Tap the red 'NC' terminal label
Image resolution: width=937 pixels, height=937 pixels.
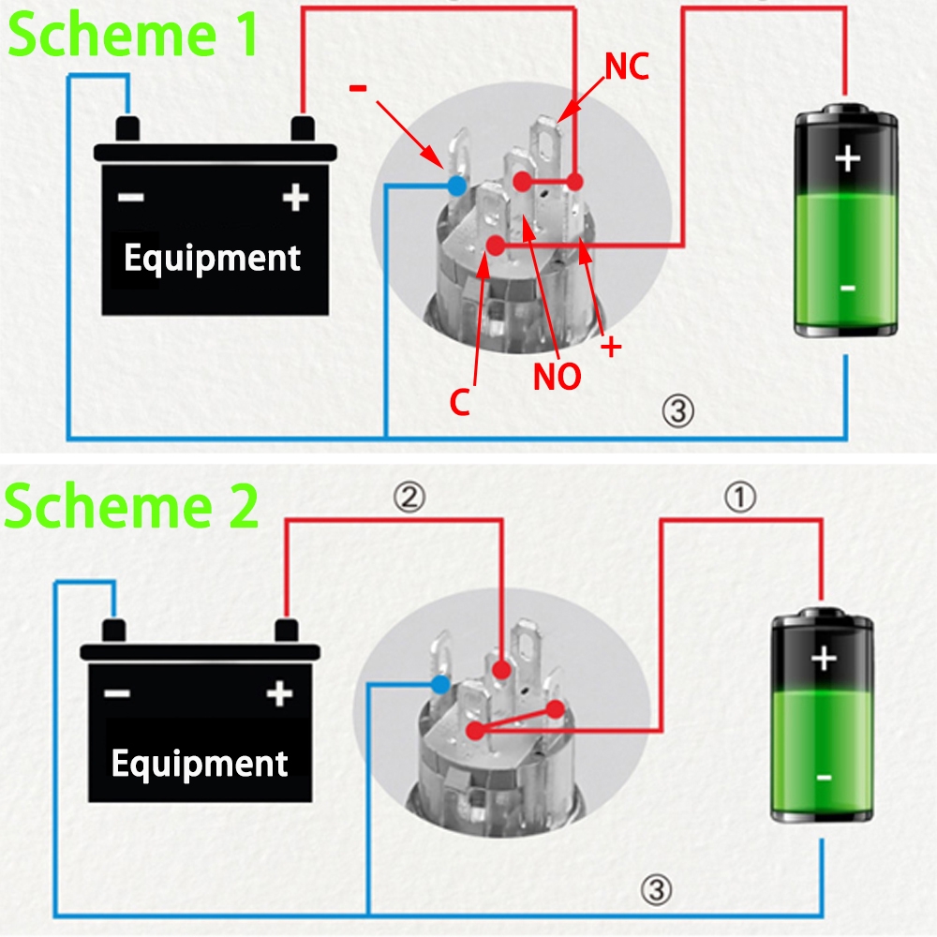[627, 67]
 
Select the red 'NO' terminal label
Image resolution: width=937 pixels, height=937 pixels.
[558, 376]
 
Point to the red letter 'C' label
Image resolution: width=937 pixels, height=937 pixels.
[459, 402]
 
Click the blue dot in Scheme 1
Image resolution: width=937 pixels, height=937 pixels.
[456, 186]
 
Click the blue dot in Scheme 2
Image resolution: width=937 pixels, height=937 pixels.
[440, 684]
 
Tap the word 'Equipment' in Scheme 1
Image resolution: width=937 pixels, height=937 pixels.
[212, 258]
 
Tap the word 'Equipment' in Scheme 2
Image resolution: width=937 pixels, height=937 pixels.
[199, 764]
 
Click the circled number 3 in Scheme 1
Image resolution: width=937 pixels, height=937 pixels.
[678, 409]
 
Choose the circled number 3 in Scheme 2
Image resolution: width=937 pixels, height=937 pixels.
[659, 889]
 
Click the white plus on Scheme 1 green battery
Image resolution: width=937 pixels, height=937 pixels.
[847, 159]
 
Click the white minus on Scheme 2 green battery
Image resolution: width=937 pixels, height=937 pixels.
[824, 777]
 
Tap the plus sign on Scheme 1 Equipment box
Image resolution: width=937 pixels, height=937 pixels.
[295, 198]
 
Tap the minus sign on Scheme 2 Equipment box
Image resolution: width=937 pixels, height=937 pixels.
[117, 694]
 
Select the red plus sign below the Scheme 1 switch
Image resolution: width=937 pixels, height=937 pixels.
[611, 348]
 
